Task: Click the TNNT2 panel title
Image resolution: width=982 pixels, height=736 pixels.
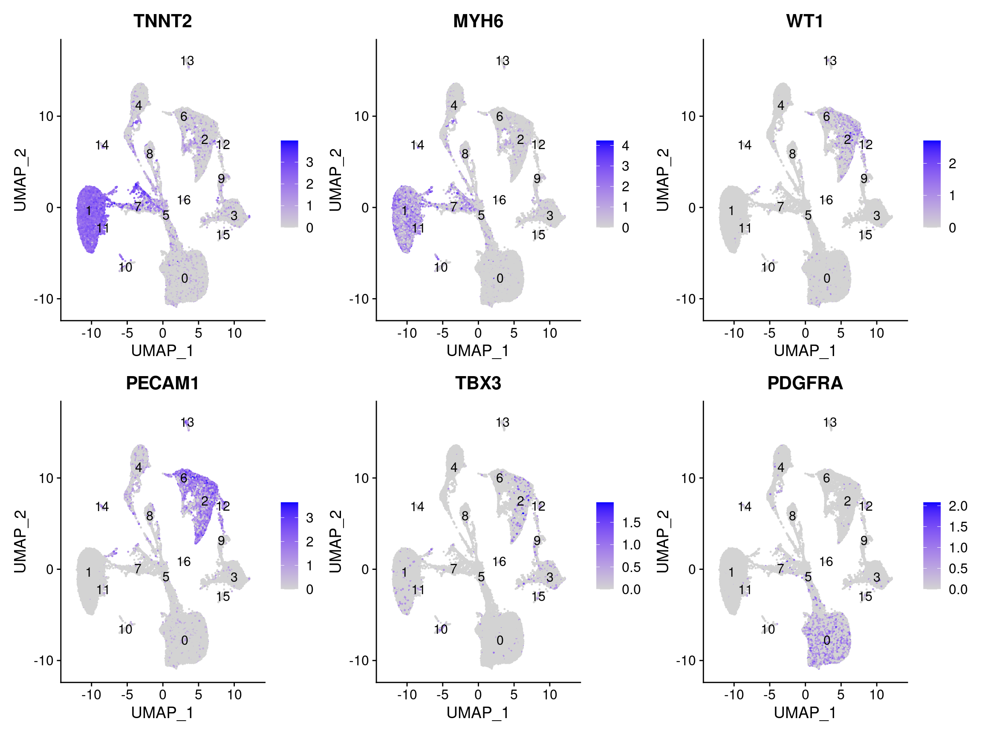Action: [162, 21]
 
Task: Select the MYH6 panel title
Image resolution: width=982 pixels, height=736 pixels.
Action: [478, 21]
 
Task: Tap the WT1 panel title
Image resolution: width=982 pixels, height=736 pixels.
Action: [805, 21]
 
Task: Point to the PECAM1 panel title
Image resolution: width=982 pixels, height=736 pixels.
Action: [162, 383]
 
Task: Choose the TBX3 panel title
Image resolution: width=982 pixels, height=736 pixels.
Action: [478, 383]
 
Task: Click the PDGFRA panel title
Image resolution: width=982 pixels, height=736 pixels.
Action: [805, 383]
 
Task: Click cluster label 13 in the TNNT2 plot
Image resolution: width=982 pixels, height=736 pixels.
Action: [187, 61]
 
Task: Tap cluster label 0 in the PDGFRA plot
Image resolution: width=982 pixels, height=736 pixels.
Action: [826, 640]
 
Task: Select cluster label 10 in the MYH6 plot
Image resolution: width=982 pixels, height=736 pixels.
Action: [440, 267]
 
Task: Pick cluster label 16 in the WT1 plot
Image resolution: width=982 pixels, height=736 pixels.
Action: [826, 200]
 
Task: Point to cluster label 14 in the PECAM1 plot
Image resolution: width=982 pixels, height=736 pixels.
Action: [102, 506]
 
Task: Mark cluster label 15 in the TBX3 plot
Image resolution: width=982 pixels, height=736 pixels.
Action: [538, 597]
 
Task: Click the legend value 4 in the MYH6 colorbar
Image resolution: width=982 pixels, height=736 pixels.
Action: [625, 146]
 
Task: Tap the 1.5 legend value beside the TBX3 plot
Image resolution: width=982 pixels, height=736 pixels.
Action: [631, 523]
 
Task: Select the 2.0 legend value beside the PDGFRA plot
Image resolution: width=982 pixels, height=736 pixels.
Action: [958, 506]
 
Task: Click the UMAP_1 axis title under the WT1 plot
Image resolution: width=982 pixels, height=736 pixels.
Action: [805, 351]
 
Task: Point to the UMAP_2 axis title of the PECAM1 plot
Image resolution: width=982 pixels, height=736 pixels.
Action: [20, 541]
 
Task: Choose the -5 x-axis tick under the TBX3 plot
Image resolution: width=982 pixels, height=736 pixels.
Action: [442, 695]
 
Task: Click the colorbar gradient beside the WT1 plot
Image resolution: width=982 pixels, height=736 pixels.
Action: [931, 184]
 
